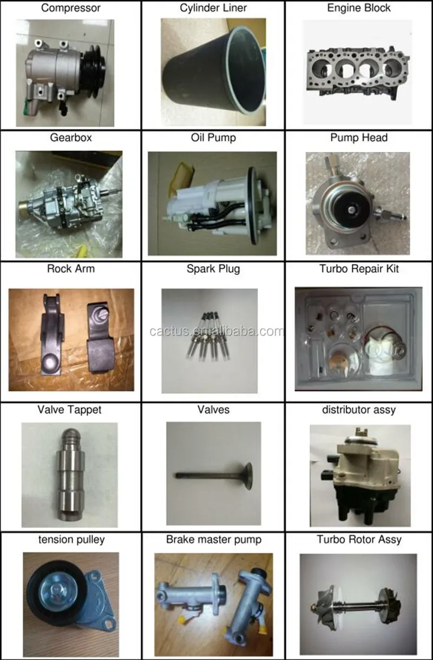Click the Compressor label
coord(70,8)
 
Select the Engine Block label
coord(359,8)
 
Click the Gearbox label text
coord(70,137)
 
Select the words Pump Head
coord(359,137)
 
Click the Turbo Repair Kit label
coord(359,269)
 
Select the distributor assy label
coord(359,410)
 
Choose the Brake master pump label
coord(213,539)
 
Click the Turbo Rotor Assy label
coord(359,539)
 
